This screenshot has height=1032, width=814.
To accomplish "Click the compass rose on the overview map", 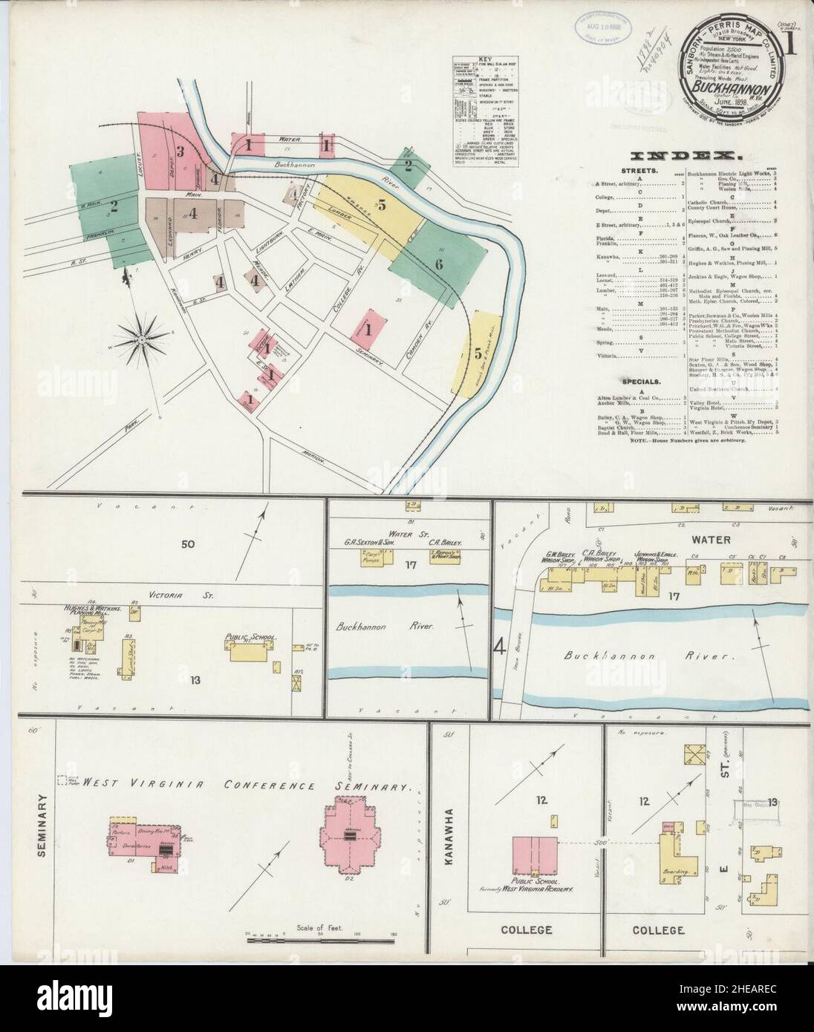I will coord(143,341).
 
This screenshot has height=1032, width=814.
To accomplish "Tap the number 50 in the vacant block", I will coord(187,544).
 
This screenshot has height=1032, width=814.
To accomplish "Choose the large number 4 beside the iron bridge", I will coord(500,647).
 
